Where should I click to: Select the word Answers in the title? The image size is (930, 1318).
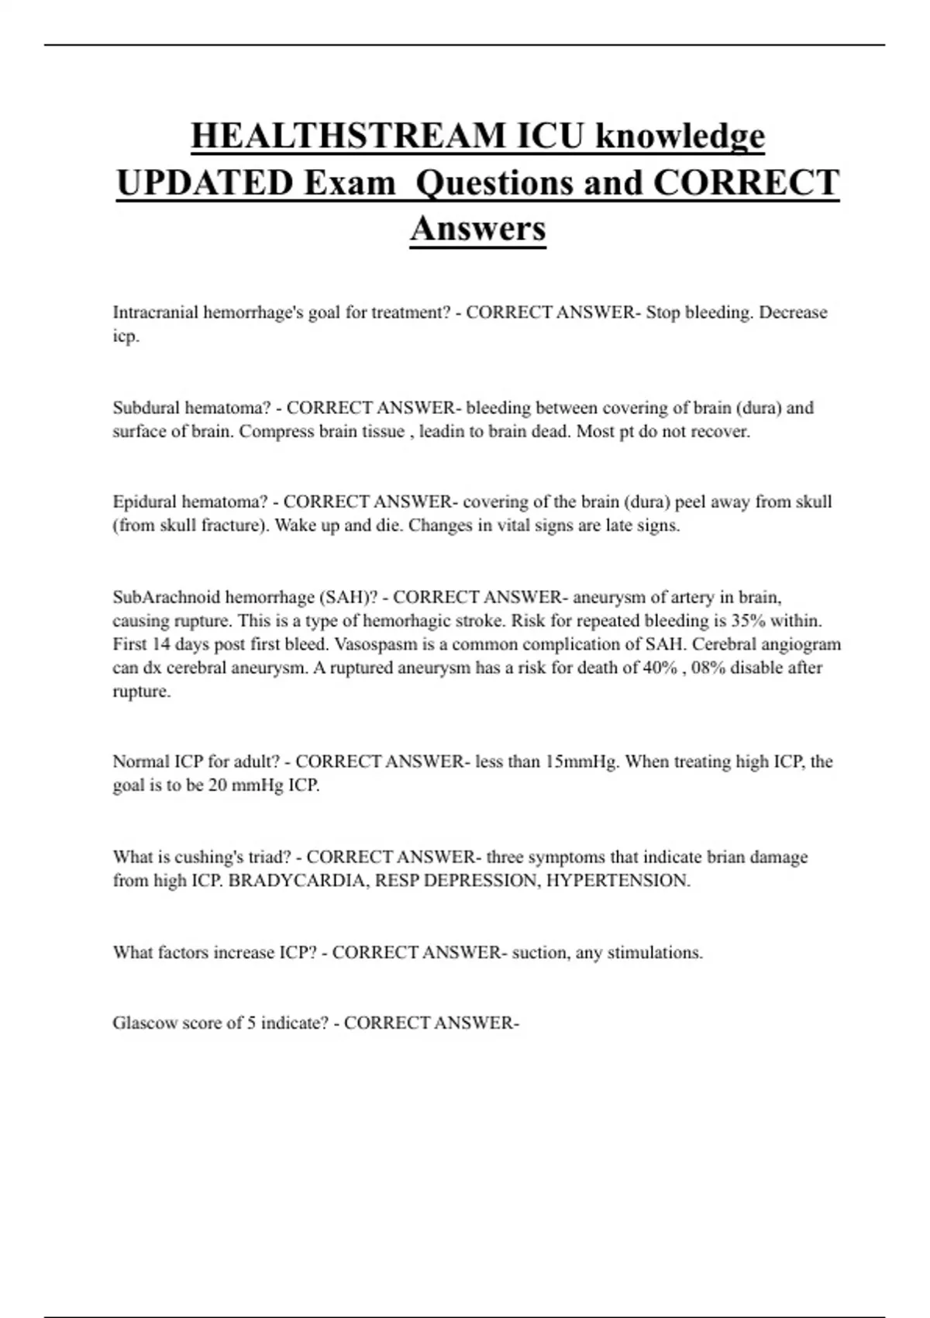(478, 228)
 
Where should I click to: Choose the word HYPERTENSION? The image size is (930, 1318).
(618, 881)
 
